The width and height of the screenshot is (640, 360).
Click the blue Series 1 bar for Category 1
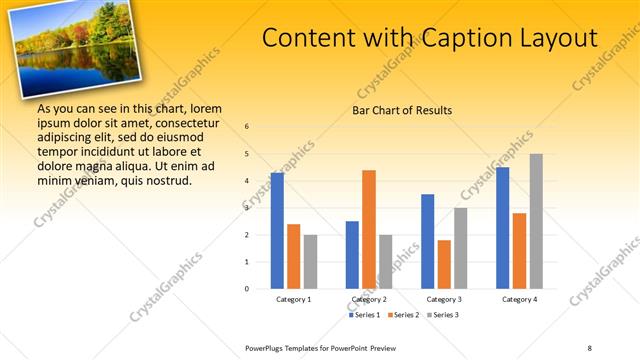click(x=277, y=231)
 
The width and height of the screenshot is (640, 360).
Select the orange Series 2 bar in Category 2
click(x=369, y=229)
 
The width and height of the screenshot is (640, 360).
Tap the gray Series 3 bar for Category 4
click(x=536, y=221)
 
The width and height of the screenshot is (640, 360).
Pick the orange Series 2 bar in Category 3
click(x=444, y=264)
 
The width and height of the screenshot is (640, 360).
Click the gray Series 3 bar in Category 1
click(x=310, y=262)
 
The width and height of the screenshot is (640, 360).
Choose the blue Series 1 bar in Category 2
click(x=352, y=255)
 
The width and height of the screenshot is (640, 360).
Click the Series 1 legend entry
click(x=365, y=315)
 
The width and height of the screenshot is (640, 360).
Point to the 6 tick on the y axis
click(x=247, y=127)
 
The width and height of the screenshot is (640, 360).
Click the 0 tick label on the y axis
click(x=247, y=289)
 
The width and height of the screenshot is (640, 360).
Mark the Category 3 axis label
click(x=444, y=299)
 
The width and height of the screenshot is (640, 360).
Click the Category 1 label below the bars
click(x=294, y=299)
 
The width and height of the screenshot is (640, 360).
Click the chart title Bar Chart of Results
click(x=402, y=110)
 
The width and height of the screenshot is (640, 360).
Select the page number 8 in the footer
click(x=589, y=347)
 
